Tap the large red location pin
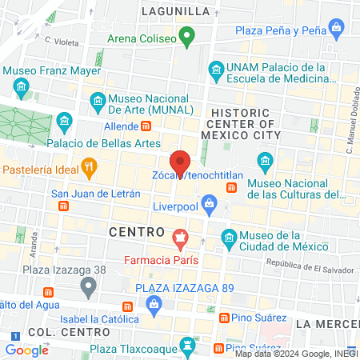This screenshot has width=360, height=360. (x=180, y=162)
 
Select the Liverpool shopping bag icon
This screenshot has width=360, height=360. (x=209, y=203)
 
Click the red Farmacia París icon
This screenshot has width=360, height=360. (x=181, y=238)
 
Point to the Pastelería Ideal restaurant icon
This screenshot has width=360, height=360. (x=90, y=169)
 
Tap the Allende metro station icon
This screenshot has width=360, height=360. (x=146, y=126)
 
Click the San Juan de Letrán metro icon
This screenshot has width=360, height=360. (x=63, y=206)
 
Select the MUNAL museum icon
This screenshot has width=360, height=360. (x=98, y=101)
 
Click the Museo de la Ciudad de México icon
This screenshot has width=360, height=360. (x=228, y=238)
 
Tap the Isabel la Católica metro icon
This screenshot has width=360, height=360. (x=128, y=308)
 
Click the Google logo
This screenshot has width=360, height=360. (x=26, y=350)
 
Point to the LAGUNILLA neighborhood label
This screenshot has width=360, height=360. (x=175, y=11)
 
